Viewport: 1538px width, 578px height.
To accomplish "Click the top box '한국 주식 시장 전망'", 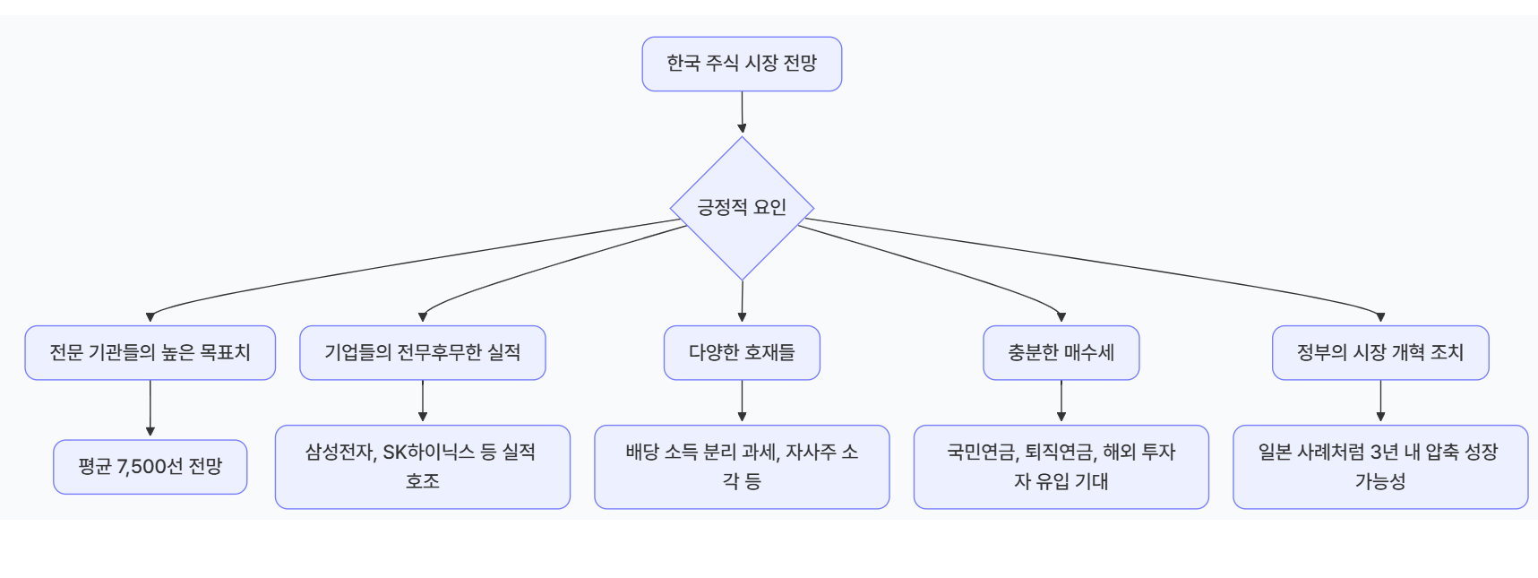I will click(742, 64).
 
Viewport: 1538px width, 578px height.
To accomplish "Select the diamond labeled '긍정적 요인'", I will click(742, 208).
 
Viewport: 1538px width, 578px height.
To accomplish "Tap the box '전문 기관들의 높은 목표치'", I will click(150, 352).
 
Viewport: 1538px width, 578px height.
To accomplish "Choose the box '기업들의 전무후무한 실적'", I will click(422, 352).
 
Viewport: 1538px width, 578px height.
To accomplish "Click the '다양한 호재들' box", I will click(742, 352).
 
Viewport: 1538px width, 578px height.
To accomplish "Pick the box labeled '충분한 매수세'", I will click(1061, 352).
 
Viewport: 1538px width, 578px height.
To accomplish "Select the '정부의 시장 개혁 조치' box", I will click(1379, 352).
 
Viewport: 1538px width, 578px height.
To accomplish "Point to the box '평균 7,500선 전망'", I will click(150, 466).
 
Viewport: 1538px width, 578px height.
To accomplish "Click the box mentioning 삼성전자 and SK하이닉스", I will click(422, 466).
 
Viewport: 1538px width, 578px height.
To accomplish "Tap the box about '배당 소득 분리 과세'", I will click(742, 466).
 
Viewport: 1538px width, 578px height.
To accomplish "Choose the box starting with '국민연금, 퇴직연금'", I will click(1061, 466).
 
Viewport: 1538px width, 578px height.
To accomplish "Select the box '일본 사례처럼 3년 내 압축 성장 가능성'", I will click(1379, 466).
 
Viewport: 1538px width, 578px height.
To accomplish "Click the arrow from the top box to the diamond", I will click(742, 112).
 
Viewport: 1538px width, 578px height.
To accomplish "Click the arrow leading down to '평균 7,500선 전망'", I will click(150, 409).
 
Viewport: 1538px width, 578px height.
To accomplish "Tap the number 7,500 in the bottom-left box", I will click(142, 467).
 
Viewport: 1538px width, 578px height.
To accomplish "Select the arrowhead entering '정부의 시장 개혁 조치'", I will click(1380, 317).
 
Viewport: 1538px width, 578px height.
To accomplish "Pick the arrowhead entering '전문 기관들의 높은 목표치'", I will click(150, 317).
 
